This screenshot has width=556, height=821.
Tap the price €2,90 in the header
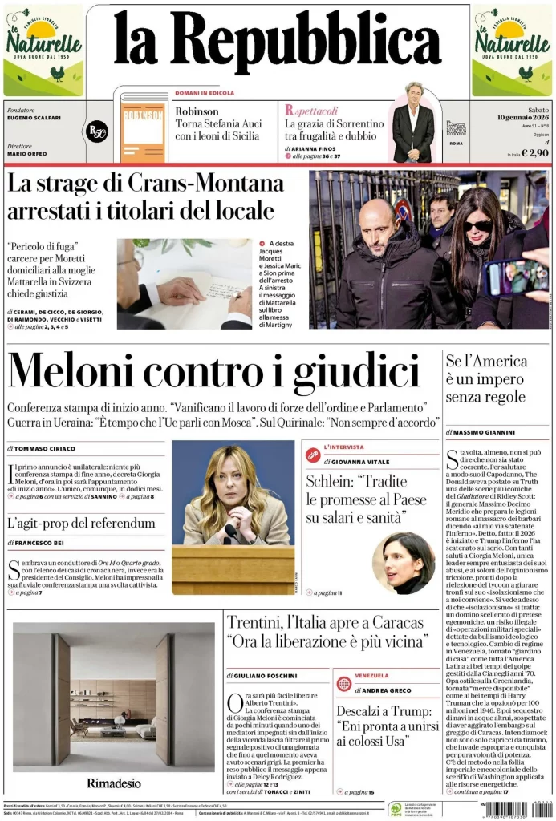point(534,152)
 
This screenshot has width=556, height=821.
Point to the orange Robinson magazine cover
point(144,128)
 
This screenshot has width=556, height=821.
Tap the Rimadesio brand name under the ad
point(114,782)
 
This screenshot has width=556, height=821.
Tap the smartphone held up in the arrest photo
point(514,277)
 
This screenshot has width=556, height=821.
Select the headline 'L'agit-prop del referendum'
point(81,524)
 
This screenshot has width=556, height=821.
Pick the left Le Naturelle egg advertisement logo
point(43,50)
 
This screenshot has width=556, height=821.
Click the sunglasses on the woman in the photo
point(478,226)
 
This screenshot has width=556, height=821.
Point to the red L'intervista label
point(343,447)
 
